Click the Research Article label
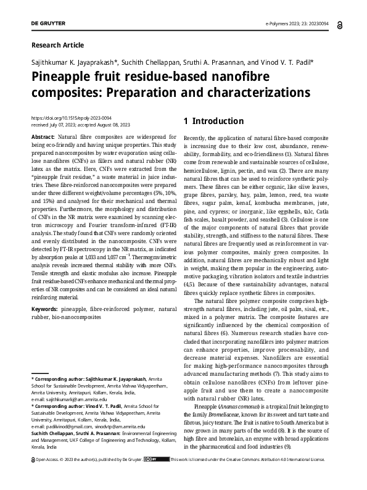[x=57, y=45]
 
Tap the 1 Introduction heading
[x=213, y=121]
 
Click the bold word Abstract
[x=43, y=136]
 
